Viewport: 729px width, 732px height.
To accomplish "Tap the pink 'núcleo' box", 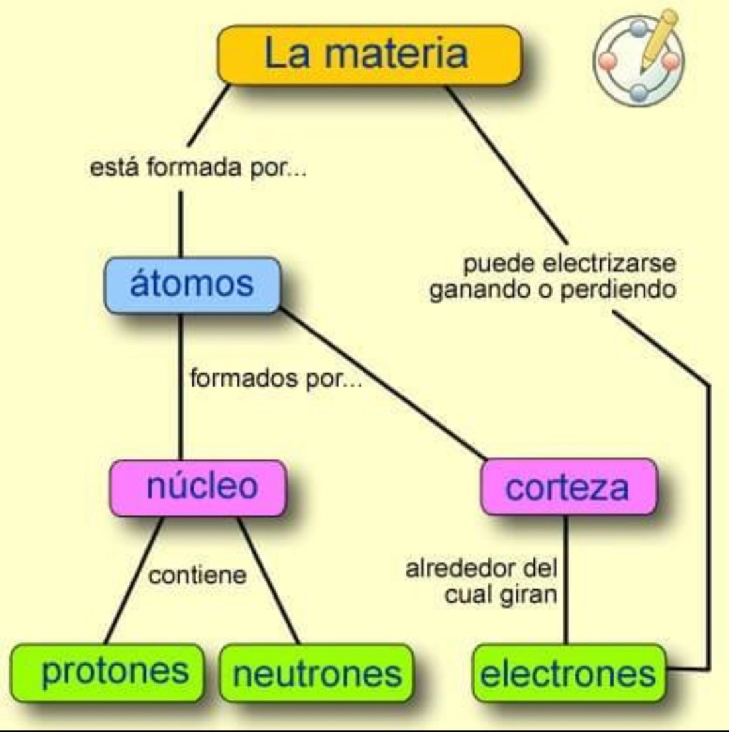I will point(199,487).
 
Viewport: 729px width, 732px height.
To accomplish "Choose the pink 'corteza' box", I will point(568,488).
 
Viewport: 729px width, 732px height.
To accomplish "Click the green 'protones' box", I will point(108,672).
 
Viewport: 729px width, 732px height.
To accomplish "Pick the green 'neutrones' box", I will point(317,674).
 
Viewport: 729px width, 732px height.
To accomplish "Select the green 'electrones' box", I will point(568,674).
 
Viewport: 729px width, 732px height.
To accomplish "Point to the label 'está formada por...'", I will point(197,168).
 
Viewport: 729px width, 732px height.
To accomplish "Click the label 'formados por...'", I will point(276,379).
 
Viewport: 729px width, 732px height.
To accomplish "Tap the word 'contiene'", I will point(197,575).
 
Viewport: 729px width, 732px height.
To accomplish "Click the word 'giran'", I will point(528,595).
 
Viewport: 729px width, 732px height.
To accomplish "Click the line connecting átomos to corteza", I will point(384,385).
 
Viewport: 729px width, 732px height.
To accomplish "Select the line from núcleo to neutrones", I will point(268,580).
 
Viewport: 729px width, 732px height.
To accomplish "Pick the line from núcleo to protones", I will point(135,580).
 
